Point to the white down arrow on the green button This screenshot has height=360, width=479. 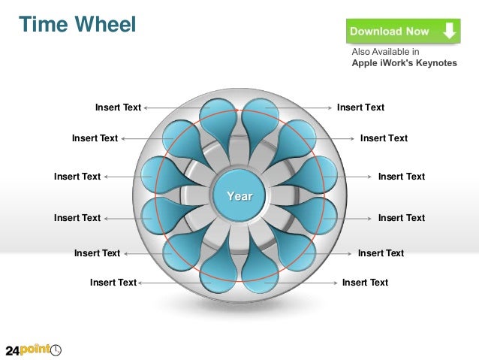click(449, 31)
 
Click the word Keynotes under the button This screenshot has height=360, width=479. click(431, 63)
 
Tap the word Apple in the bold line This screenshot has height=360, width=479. click(366, 63)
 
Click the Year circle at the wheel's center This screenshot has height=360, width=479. click(239, 196)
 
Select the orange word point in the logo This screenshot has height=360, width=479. click(36, 349)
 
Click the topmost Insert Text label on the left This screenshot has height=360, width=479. click(118, 107)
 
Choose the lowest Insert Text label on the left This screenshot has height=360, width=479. click(113, 283)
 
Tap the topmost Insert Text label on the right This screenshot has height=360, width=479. click(360, 107)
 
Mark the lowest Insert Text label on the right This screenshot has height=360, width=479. click(365, 283)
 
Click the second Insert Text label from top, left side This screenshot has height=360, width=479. click(95, 138)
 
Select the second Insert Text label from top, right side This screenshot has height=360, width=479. click(384, 138)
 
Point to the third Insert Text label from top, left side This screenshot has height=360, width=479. click(77, 177)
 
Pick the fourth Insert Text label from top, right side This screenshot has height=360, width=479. click(401, 218)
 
